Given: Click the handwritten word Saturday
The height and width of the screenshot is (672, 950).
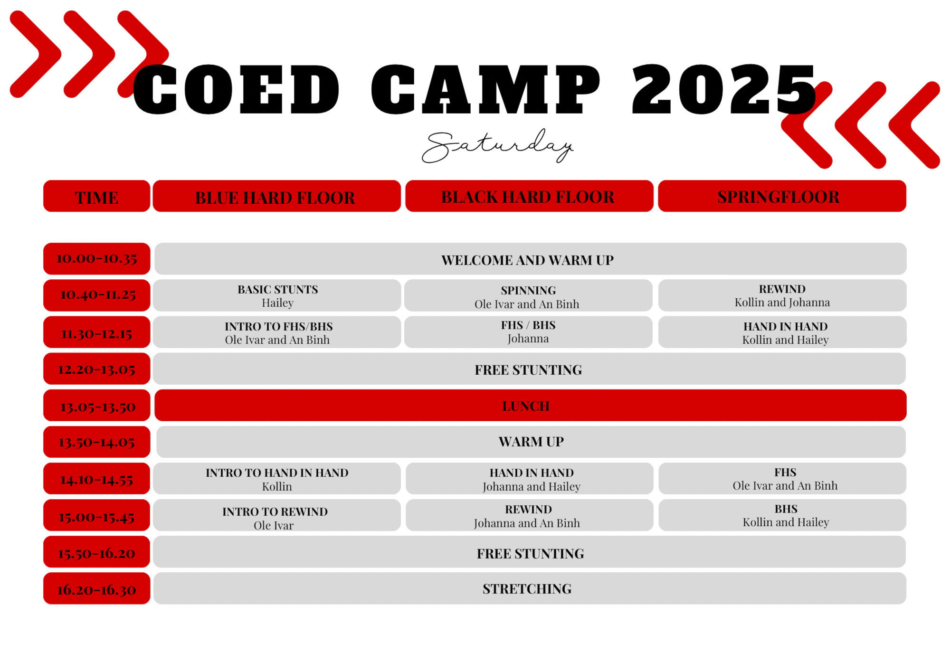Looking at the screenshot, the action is click(x=497, y=146).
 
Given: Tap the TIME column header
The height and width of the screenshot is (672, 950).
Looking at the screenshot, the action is click(x=97, y=196).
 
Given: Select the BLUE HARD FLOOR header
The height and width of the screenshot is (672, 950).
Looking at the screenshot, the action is click(x=277, y=196).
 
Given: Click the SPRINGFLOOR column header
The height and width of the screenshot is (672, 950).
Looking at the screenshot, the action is click(x=782, y=196).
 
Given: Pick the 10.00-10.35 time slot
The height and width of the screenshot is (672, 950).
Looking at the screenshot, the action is click(x=97, y=259).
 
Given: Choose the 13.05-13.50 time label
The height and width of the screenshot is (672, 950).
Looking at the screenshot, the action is click(x=97, y=406).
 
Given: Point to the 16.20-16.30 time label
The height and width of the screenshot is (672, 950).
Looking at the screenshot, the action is click(x=97, y=588).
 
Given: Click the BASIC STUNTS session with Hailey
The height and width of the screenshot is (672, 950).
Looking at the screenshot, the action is click(x=277, y=295).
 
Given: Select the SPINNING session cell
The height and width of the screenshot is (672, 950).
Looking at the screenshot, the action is click(x=528, y=295).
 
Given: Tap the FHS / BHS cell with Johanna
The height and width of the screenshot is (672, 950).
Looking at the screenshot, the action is click(x=528, y=332).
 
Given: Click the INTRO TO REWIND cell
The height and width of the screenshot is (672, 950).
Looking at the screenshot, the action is click(x=277, y=515).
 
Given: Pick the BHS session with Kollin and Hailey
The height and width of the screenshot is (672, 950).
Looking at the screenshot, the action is click(x=782, y=515).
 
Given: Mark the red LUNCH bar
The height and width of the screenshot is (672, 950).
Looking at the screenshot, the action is click(x=531, y=406).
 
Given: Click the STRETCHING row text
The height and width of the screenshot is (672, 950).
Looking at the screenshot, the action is click(x=527, y=589).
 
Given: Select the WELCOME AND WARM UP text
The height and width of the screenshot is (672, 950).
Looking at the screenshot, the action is click(x=527, y=260).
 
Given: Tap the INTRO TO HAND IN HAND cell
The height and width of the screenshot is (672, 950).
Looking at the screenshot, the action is click(x=277, y=479).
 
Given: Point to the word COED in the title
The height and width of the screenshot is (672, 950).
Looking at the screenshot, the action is click(x=236, y=89).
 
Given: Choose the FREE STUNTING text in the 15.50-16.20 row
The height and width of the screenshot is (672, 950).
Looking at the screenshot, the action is click(x=531, y=554).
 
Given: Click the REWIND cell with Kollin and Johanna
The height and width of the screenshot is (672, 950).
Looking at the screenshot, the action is click(x=782, y=295).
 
